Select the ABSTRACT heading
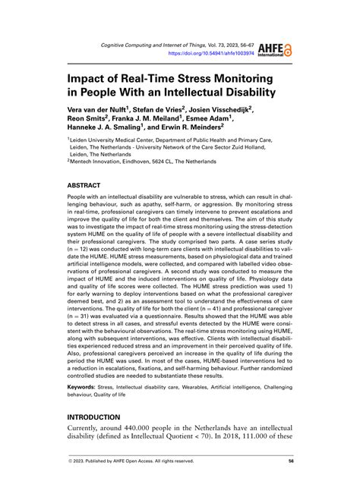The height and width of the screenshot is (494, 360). [x=90, y=184]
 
